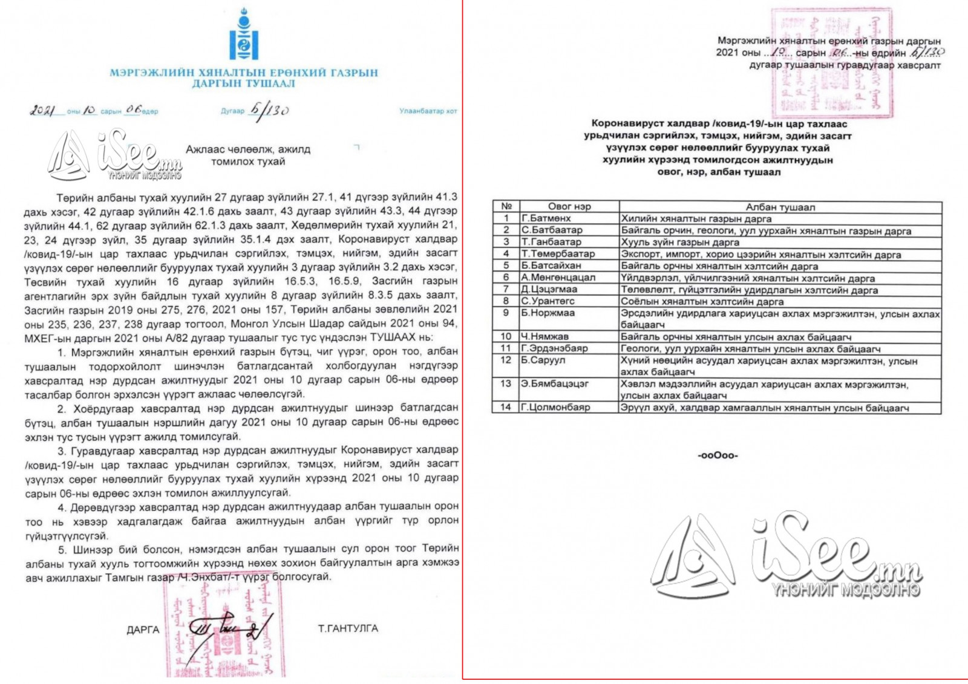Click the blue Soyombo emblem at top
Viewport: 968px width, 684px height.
244,34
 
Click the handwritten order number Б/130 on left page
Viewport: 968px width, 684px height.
269,111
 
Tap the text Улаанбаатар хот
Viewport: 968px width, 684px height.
428,111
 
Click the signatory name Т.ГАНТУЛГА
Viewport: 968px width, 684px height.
348,628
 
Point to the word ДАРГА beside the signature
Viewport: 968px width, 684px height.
143,630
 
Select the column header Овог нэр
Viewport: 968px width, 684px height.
569,206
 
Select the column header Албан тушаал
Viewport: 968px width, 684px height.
780,207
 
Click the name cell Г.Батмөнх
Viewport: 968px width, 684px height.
546,218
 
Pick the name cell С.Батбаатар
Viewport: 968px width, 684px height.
552,230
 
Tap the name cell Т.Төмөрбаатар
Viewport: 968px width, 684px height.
558,254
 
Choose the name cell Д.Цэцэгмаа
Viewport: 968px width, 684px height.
549,289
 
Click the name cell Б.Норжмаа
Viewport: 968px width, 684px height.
548,313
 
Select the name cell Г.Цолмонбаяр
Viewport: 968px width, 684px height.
555,407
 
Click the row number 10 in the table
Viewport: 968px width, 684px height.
506,336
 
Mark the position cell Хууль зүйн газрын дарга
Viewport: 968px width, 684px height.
680,242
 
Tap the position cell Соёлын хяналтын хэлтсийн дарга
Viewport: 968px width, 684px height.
702,301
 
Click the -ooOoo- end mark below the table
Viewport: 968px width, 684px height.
718,455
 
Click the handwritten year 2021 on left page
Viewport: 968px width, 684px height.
42,111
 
